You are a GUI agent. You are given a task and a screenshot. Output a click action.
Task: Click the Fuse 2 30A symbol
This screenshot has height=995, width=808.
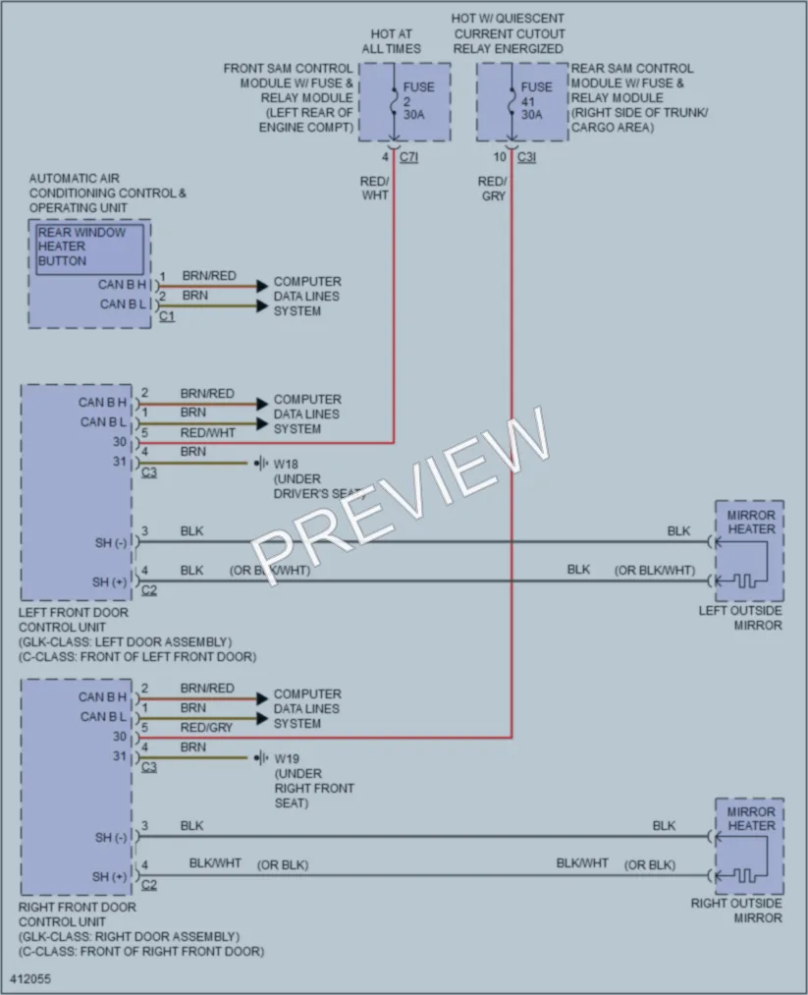click(394, 101)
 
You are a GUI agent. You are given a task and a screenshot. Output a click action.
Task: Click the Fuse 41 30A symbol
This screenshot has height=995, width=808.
click(512, 101)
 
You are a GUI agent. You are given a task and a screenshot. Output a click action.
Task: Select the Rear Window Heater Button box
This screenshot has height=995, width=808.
click(89, 249)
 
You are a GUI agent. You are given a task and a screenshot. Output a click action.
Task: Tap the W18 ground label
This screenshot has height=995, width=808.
click(286, 464)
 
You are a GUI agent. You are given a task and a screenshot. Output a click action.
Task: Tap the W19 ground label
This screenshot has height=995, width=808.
click(287, 758)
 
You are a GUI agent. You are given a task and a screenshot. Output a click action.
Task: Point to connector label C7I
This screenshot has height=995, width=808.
click(409, 157)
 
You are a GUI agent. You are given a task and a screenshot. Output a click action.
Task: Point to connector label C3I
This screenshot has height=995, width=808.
click(527, 157)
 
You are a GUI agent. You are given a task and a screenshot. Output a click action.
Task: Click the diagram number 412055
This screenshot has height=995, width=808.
click(30, 978)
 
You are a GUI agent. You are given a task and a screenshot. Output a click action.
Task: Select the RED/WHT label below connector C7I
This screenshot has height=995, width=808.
click(374, 189)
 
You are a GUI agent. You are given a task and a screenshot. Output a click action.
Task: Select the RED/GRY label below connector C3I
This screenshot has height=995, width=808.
click(492, 189)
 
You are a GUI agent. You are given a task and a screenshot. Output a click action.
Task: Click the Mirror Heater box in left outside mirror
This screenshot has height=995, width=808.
click(750, 551)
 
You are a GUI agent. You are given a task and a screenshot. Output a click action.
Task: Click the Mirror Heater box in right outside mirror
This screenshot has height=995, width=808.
click(750, 847)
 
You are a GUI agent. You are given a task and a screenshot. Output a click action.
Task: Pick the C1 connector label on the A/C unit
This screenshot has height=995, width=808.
click(167, 315)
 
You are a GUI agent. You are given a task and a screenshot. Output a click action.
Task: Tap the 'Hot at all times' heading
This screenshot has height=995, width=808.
click(392, 41)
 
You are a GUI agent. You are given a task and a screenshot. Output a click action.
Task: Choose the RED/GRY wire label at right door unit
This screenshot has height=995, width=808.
click(206, 727)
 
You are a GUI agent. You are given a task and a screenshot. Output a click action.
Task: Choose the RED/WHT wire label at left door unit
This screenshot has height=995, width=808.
click(207, 433)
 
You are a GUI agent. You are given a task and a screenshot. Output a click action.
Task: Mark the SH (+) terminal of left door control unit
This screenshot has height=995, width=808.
click(110, 581)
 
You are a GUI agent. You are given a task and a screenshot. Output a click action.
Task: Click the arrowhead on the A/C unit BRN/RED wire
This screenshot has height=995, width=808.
click(262, 286)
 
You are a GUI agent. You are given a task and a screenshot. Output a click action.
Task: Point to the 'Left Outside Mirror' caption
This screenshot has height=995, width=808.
click(740, 618)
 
